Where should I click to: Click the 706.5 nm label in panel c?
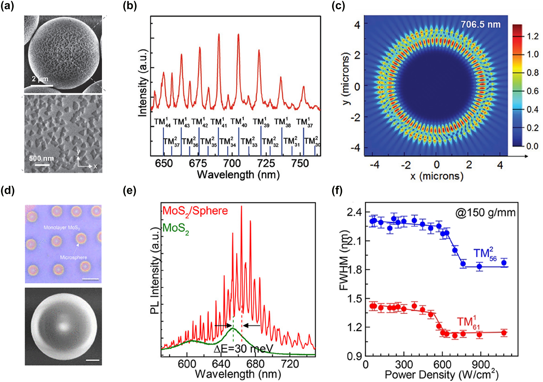(480, 25)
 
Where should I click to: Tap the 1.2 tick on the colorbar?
(532, 36)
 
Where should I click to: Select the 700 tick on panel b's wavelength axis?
(232, 164)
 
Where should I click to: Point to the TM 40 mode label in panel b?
(239, 122)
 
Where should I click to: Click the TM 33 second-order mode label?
(249, 142)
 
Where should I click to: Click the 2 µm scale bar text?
(40, 79)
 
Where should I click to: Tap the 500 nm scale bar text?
(41, 158)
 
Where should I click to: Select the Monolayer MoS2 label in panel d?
(62, 227)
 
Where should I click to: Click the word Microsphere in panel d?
(73, 257)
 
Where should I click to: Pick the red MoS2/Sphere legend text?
(195, 211)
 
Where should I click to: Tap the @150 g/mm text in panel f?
(485, 213)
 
